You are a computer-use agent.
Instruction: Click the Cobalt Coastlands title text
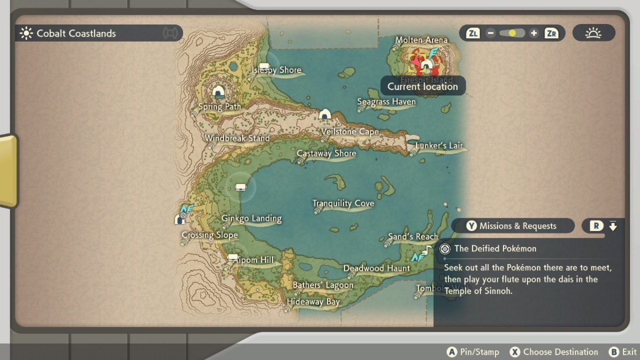pos(76,34)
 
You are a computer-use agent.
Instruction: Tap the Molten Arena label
pos(421,41)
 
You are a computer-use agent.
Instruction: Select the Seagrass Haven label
pos(386,102)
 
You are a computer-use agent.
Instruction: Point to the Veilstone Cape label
pos(350,132)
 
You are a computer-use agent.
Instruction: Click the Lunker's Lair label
pos(439,146)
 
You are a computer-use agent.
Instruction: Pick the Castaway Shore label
pos(326,154)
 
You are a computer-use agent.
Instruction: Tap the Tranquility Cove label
pos(343,203)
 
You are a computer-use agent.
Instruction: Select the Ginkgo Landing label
pos(251,219)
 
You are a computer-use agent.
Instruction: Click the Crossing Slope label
pos(210,235)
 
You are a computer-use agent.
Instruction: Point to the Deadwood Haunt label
pos(377,268)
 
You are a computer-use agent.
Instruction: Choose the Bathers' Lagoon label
pos(323,285)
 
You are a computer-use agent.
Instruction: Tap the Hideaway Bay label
pos(313,302)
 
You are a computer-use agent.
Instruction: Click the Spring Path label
pos(219,107)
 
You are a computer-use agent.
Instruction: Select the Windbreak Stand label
pos(237,139)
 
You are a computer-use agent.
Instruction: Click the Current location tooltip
pos(422,86)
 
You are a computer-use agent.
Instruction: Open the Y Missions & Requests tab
pos(512,226)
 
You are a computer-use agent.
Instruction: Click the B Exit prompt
pos(623,352)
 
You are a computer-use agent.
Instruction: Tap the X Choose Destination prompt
pos(554,352)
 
